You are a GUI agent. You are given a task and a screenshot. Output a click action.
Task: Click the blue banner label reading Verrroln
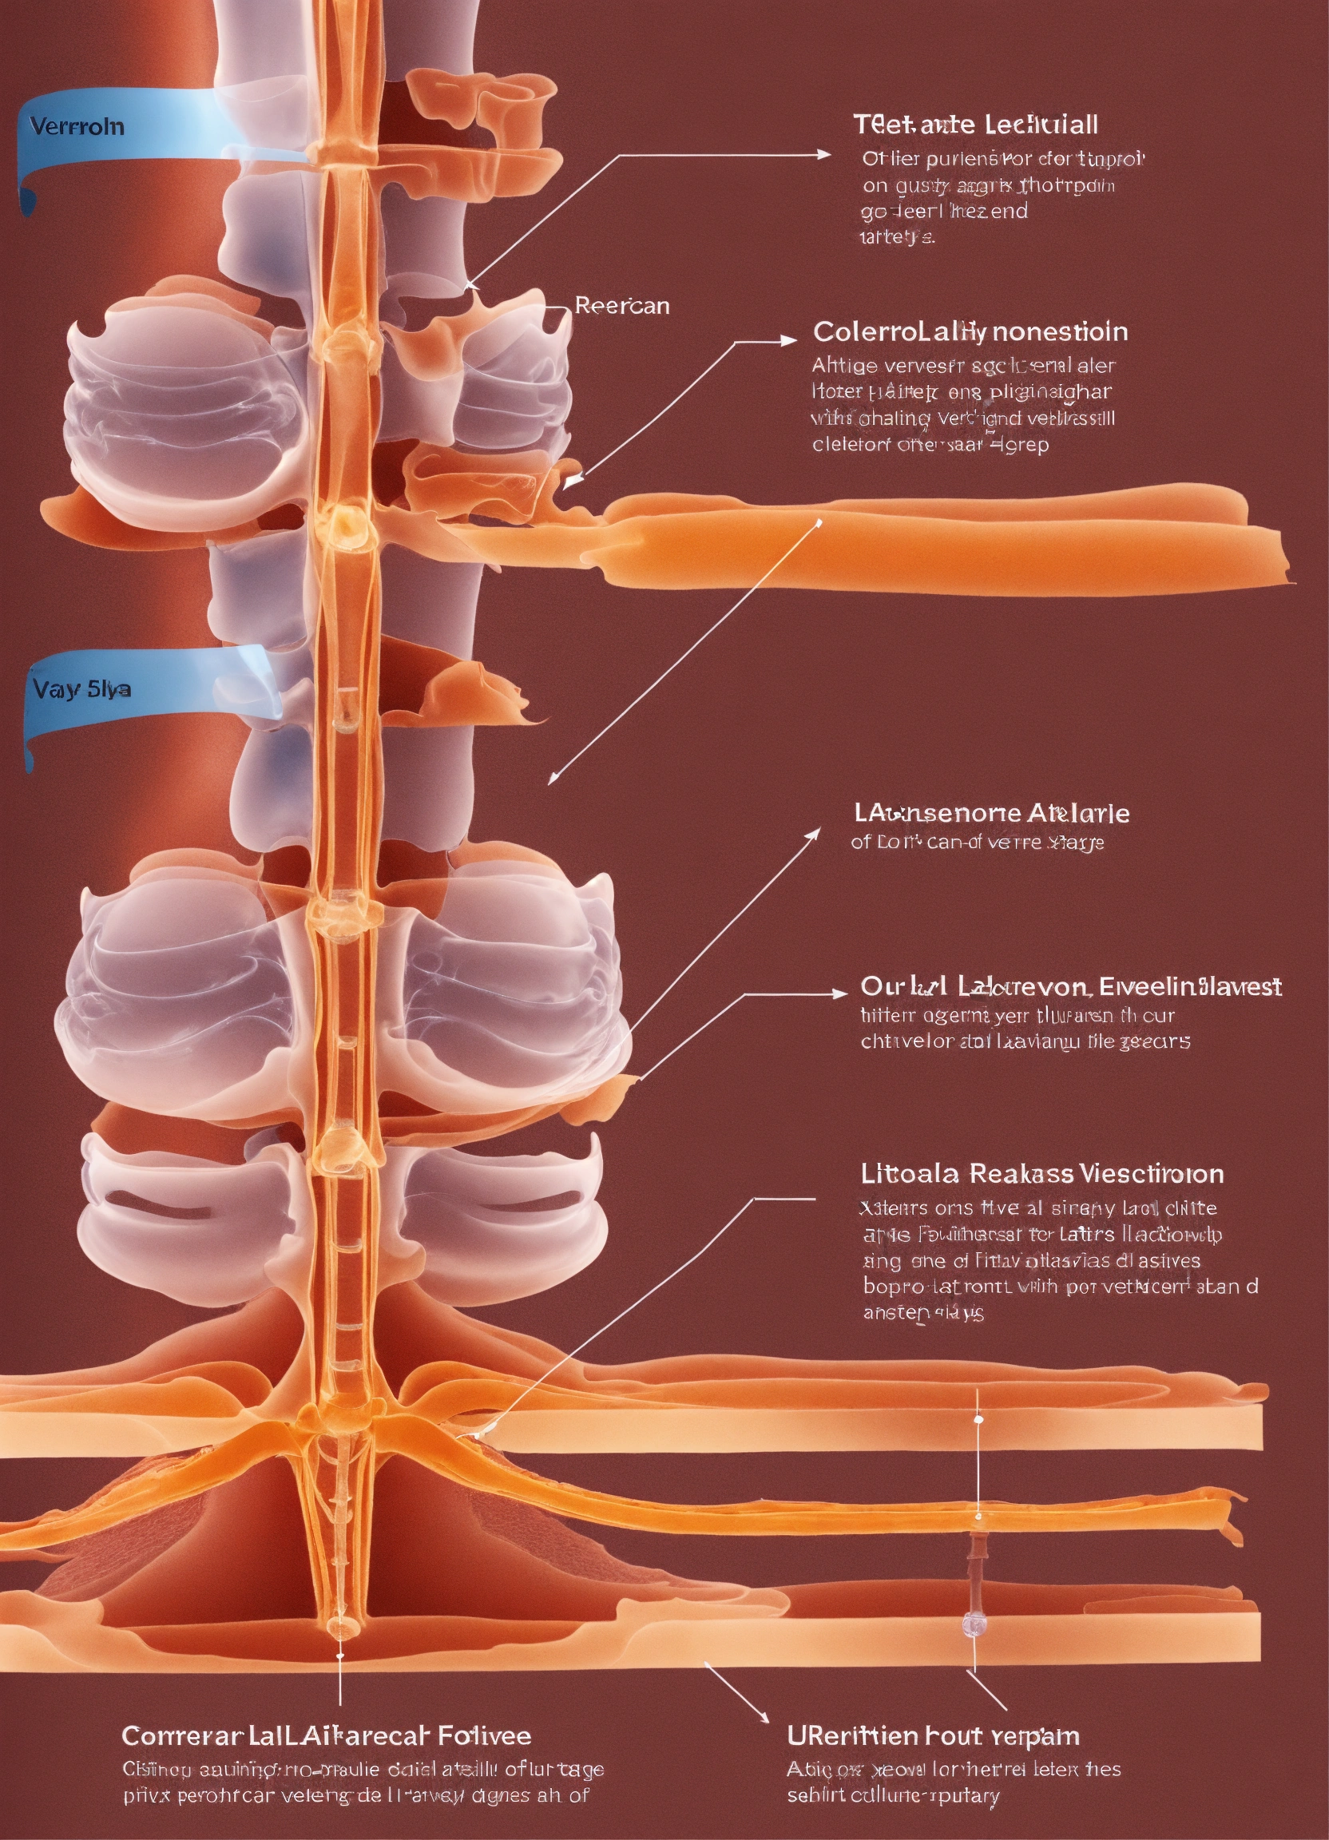[77, 126]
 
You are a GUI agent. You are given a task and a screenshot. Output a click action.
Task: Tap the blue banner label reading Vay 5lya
[81, 689]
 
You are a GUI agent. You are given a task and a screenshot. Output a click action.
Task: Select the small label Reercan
[621, 306]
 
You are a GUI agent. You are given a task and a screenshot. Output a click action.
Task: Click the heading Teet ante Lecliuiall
[975, 125]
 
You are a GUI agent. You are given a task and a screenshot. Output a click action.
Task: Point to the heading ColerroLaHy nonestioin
[970, 331]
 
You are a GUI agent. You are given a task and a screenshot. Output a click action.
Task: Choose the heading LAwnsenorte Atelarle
[990, 813]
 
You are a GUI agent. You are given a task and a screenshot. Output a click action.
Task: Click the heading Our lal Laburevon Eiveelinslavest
[1070, 986]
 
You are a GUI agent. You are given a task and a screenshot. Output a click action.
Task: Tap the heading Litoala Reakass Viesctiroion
[1041, 1174]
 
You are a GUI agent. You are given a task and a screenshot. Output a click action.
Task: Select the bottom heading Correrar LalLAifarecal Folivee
[326, 1736]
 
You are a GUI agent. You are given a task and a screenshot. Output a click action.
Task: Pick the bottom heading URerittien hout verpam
[932, 1736]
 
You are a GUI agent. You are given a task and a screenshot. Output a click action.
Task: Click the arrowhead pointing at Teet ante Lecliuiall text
[825, 154]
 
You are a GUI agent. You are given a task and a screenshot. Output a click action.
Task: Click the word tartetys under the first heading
[897, 238]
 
